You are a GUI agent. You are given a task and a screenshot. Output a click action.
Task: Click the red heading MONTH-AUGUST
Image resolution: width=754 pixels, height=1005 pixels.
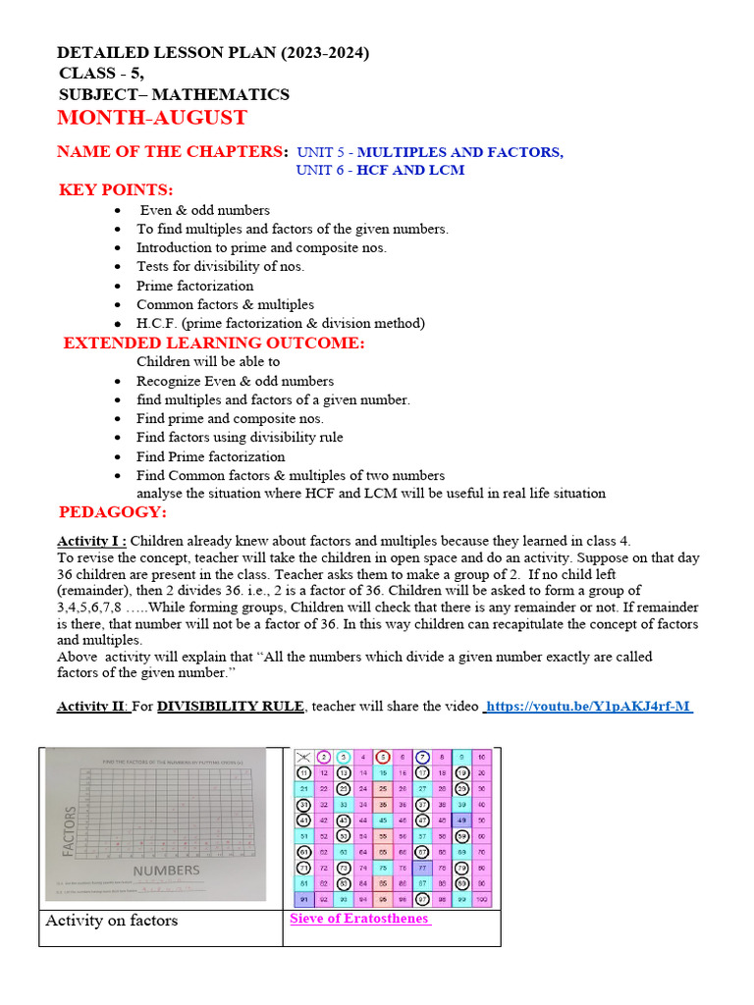[x=152, y=119]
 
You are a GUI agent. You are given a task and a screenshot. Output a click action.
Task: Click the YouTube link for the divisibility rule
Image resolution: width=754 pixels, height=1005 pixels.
[x=588, y=707]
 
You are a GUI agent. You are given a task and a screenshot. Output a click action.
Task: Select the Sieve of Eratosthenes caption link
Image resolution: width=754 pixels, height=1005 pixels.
[x=359, y=919]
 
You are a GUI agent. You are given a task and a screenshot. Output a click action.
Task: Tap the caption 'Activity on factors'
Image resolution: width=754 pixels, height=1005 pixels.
[x=112, y=921]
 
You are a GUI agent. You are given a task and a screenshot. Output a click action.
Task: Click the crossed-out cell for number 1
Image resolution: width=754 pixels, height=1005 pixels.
[x=304, y=758]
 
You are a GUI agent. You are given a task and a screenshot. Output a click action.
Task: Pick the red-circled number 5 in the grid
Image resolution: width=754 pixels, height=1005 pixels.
[x=382, y=758]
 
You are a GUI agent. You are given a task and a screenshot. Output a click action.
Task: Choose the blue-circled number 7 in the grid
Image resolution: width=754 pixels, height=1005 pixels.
[x=422, y=758]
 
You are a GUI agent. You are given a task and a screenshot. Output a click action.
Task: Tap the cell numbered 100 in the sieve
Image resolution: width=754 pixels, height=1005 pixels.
[x=482, y=900]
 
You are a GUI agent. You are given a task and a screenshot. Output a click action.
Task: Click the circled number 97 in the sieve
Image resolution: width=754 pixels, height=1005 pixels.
[x=422, y=900]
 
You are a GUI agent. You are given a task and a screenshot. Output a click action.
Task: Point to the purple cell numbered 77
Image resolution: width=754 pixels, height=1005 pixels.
[x=422, y=869]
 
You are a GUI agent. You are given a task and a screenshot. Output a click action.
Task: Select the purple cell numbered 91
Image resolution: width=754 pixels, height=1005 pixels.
[x=304, y=900]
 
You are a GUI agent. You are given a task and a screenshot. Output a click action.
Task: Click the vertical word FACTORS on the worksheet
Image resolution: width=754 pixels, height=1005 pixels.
[x=71, y=829]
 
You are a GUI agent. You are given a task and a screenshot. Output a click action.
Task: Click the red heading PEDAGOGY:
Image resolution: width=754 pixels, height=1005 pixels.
[x=113, y=512]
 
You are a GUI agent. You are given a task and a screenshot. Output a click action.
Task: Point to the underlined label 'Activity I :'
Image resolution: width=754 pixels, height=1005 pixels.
[x=92, y=541]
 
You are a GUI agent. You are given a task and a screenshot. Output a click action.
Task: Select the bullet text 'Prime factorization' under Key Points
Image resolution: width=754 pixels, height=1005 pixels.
[x=194, y=286]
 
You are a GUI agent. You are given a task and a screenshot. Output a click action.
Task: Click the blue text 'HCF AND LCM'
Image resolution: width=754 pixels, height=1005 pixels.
[x=410, y=170]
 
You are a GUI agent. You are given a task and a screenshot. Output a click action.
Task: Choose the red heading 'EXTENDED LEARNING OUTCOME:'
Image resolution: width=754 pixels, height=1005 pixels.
[x=214, y=343]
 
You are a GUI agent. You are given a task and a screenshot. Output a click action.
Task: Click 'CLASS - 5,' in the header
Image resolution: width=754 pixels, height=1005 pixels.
[x=101, y=73]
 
